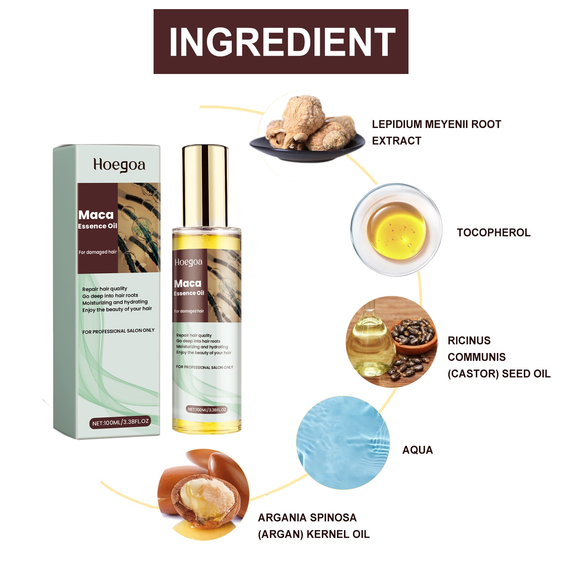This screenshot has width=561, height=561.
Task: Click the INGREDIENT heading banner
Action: [x=281, y=41]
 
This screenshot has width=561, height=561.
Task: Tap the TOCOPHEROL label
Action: [x=493, y=232]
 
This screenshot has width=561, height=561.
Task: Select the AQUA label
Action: [x=417, y=450]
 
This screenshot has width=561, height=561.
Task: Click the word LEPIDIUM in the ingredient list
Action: [x=397, y=124]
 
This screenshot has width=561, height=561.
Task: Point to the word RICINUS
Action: [x=469, y=340]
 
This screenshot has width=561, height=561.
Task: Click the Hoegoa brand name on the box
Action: [x=119, y=165]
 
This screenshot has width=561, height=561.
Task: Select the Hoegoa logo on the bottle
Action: [x=188, y=262]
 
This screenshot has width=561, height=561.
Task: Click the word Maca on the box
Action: [x=96, y=215]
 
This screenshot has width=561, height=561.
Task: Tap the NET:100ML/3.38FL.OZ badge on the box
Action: [x=120, y=422]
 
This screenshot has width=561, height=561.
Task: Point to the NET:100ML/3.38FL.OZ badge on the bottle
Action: [x=207, y=409]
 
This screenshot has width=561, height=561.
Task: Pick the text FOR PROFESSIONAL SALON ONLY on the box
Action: [x=118, y=331]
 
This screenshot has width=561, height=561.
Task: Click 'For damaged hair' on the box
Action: [x=97, y=252]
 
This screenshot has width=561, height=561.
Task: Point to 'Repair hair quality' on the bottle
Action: [x=194, y=335]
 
